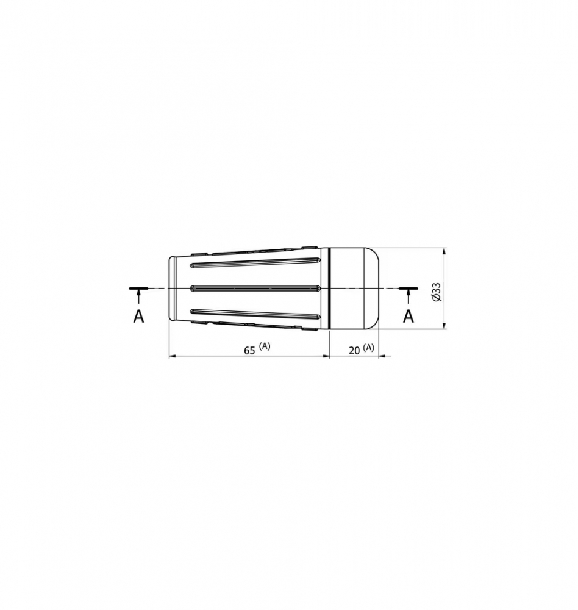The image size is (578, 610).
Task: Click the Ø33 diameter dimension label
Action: point(436,292)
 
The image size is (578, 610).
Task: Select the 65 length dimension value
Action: point(249,351)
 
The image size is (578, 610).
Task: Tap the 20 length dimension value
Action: point(354,351)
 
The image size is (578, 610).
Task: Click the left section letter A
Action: point(138,316)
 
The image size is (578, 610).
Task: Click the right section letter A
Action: point(408,316)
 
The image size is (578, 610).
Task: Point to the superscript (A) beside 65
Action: point(265,346)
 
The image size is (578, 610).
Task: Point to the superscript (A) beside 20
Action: point(369,347)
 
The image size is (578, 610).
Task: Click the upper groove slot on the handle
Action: point(255,262)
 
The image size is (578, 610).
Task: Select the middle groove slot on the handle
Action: point(255,289)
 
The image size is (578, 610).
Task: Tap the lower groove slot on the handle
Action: point(255,314)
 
